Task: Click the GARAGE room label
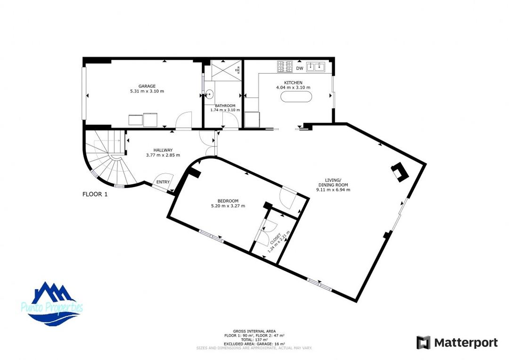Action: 147,86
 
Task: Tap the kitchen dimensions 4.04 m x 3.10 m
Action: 293,88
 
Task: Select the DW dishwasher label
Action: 300,69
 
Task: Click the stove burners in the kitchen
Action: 285,67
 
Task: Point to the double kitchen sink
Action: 316,67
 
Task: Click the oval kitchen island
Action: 296,97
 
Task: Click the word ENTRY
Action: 163,182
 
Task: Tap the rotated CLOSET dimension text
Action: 274,242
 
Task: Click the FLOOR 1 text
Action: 95,194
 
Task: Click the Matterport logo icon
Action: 423,343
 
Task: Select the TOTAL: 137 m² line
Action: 254,339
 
